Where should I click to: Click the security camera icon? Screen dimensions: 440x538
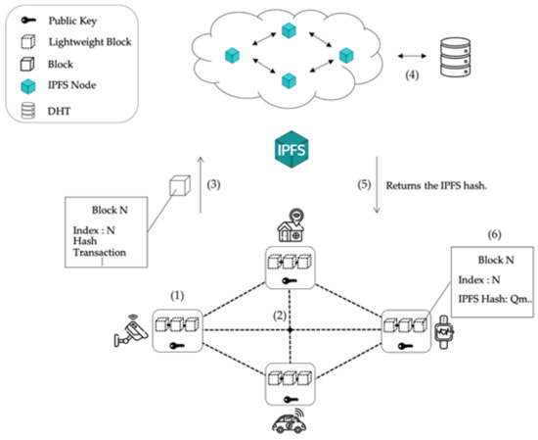point(128,334)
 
